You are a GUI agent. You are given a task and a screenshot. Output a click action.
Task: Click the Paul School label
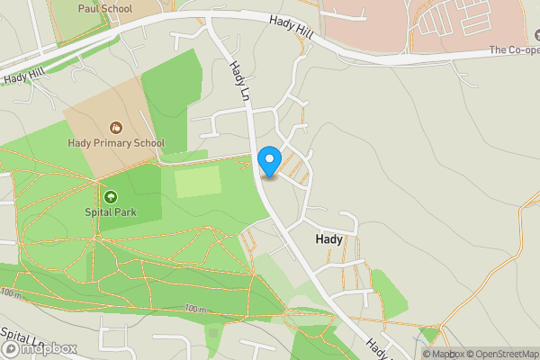coord(104,9)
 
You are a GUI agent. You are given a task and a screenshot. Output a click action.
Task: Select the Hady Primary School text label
coord(116,143)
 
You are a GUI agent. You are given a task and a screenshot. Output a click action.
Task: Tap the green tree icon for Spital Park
coord(111,196)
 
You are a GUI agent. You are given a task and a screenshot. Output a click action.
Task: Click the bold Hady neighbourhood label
coord(328,240)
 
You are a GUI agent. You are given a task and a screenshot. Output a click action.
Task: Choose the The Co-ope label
coord(513,50)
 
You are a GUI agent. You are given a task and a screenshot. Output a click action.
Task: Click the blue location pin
coord(268,162)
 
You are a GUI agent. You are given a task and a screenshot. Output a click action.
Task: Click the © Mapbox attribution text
coord(444,354)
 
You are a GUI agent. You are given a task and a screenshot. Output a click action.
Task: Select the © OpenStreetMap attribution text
coord(502,354)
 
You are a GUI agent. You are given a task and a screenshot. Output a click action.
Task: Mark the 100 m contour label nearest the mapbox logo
coord(11,293)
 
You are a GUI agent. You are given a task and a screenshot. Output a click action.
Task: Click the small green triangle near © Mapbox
coord(430,336)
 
